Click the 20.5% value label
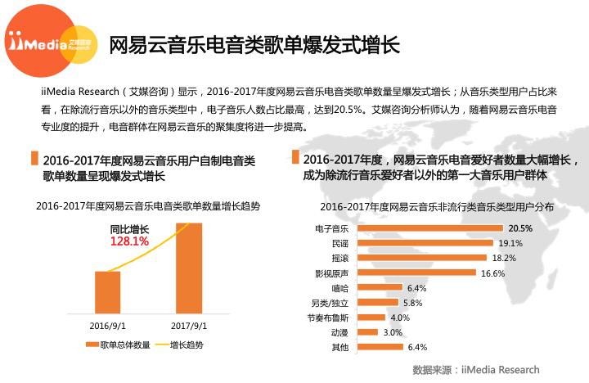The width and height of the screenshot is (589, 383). point(520,228)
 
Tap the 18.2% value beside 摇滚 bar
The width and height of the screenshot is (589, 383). point(504,258)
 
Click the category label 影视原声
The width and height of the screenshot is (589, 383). point(332,273)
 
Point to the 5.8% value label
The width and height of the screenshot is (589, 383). point(413,303)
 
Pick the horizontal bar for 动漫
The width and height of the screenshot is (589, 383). point(368,332)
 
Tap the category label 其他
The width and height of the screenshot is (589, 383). point(339,348)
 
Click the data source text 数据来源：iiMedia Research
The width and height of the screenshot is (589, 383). point(476,370)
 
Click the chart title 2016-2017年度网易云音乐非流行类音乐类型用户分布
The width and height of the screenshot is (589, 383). point(437,207)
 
